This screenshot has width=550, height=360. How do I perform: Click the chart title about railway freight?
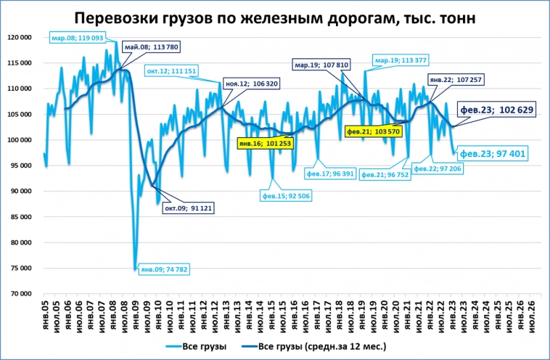(275, 18)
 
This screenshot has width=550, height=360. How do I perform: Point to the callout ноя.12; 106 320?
(251, 84)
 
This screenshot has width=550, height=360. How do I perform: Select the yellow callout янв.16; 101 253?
(264, 144)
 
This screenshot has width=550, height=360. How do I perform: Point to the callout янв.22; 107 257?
(451, 78)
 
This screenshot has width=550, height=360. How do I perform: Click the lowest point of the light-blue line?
(135, 269)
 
